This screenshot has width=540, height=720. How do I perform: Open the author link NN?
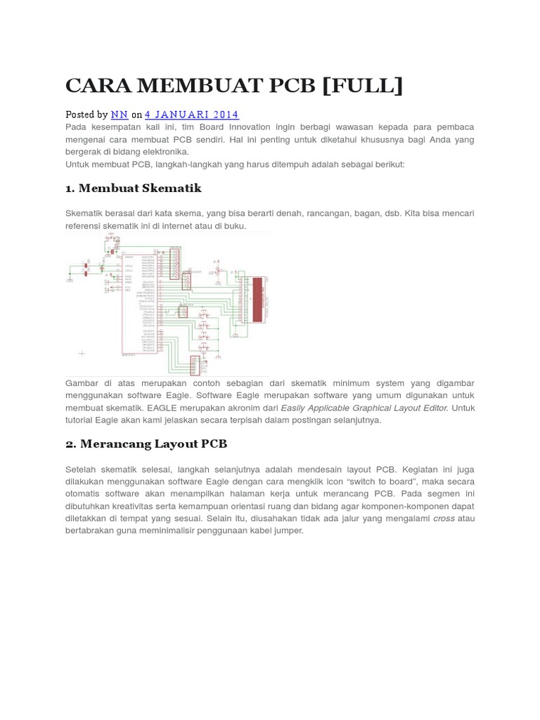(x=119, y=115)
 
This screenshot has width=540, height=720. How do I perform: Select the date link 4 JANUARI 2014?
(x=191, y=115)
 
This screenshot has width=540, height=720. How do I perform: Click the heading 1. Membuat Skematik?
(x=133, y=188)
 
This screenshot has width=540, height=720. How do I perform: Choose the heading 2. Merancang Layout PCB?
(x=146, y=444)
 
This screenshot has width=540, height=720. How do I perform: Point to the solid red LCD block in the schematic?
(x=257, y=300)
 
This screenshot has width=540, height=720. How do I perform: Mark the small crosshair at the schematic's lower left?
(x=82, y=353)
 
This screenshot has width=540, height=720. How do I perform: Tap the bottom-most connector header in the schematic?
(x=195, y=364)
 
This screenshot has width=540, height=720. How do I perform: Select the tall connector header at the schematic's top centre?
(x=174, y=264)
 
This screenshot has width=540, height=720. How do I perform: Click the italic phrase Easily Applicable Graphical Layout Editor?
(x=364, y=408)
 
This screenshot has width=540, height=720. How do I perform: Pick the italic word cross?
(x=444, y=518)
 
